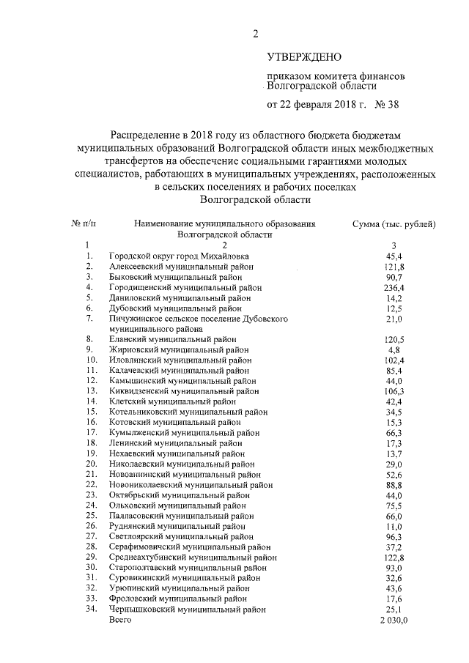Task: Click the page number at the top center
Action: pos(256,33)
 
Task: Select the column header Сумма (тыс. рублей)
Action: pos(394,223)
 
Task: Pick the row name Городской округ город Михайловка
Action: pos(179,256)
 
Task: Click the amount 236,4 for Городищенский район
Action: pos(394,287)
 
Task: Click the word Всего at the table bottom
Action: pos(120,620)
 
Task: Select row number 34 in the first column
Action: pos(92,609)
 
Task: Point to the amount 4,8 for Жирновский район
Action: pos(394,350)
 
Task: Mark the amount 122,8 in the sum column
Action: pos(394,558)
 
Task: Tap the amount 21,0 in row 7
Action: pos(394,319)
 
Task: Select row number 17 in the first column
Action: pos(92,433)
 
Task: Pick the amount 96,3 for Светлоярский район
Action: pos(394,537)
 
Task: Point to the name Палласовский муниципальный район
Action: pos(181,516)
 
